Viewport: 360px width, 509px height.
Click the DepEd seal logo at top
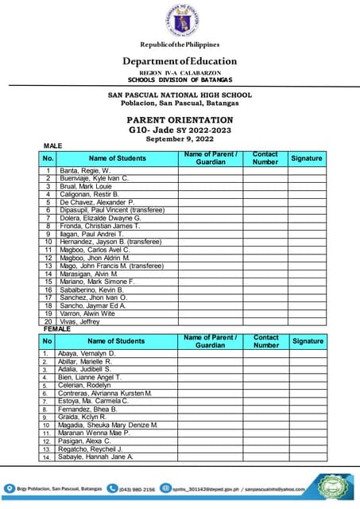pyautogui.click(x=180, y=21)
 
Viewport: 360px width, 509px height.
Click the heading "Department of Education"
pyautogui.click(x=180, y=61)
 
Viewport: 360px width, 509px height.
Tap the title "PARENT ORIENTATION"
pyautogui.click(x=180, y=119)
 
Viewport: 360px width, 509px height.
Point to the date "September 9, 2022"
pyautogui.click(x=180, y=138)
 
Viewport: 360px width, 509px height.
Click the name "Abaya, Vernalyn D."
pyautogui.click(x=87, y=353)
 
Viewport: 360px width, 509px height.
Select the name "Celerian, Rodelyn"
pyautogui.click(x=87, y=385)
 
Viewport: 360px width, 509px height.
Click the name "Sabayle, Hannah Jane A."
pyautogui.click(x=96, y=457)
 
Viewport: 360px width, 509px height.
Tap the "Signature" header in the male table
pyautogui.click(x=306, y=158)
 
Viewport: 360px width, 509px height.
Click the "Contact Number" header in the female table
pyautogui.click(x=265, y=341)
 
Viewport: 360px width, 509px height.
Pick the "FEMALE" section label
pyautogui.click(x=56, y=328)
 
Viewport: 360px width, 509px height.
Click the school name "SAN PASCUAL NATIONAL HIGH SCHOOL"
pyautogui.click(x=180, y=95)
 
